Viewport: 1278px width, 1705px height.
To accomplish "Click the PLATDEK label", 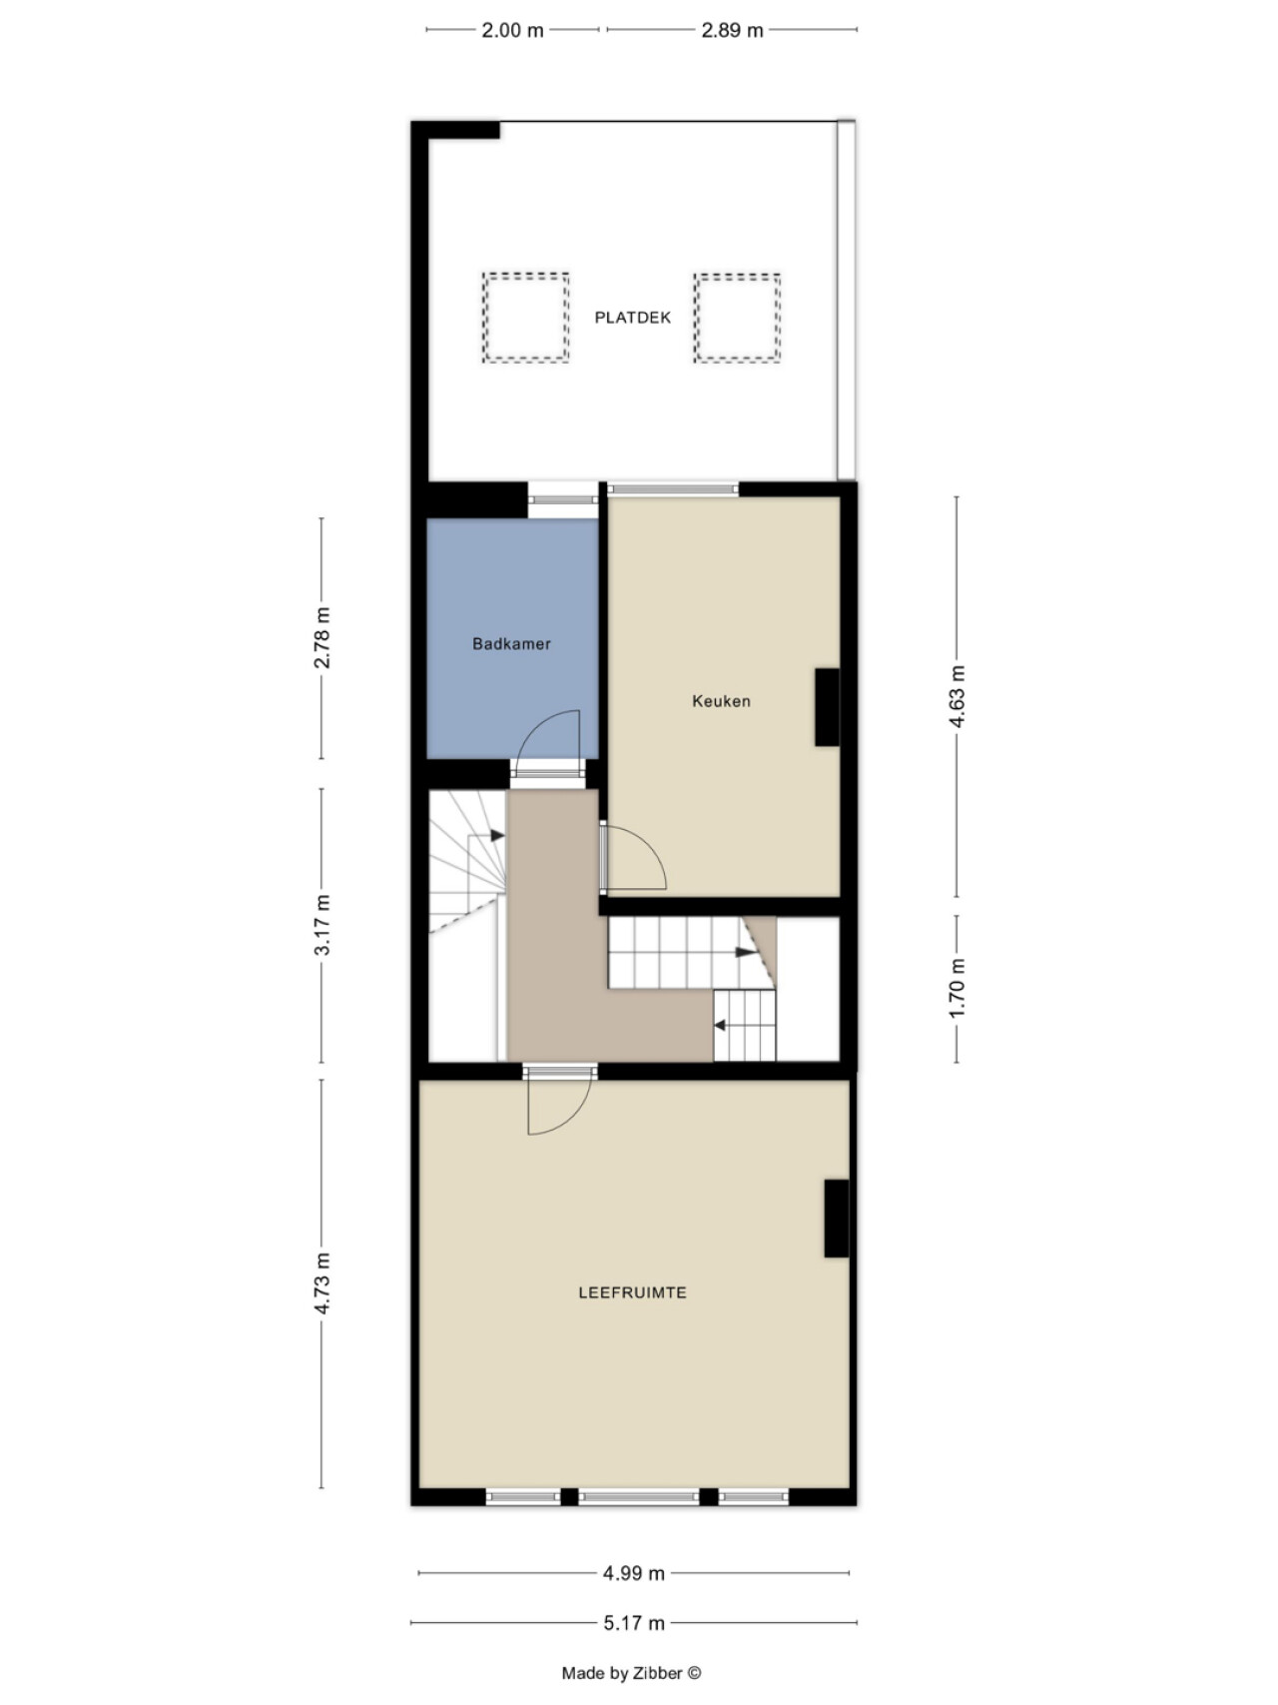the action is (x=633, y=318).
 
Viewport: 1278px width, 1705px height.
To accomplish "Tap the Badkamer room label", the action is (x=511, y=644).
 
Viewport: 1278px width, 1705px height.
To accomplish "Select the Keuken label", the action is (x=721, y=701).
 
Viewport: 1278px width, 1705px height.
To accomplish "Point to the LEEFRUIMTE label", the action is (x=633, y=1292).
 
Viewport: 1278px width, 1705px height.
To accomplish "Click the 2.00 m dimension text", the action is (x=512, y=30).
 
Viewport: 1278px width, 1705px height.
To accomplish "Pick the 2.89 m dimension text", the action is (x=732, y=30).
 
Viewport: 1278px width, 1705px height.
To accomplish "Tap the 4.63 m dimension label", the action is (x=957, y=696).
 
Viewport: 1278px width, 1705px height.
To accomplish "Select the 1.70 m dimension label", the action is (x=957, y=989).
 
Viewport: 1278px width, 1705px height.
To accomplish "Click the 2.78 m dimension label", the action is (x=321, y=637).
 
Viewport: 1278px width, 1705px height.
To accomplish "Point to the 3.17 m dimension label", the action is (x=321, y=925).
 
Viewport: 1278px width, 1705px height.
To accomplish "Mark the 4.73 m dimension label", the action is (x=321, y=1283).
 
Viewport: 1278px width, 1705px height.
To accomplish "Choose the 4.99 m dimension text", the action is (x=633, y=1573).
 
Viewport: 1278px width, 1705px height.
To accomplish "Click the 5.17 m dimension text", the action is (x=633, y=1623).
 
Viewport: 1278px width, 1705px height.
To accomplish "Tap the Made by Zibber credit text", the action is (x=631, y=1673).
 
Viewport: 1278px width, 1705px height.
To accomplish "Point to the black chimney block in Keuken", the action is (x=827, y=707).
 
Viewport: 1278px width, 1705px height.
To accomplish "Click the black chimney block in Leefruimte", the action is (x=836, y=1219).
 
